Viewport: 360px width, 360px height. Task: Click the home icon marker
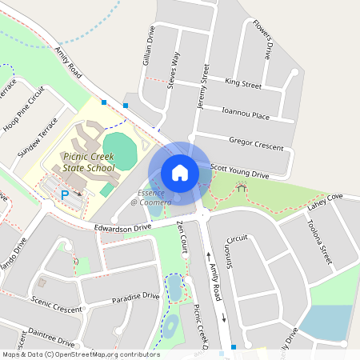coord(179,172)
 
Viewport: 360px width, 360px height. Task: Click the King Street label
coord(243,83)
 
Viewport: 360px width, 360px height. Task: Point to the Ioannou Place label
coord(246,115)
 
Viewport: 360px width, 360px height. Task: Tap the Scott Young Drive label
coord(239,172)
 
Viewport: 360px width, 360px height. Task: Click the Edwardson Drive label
coord(122,228)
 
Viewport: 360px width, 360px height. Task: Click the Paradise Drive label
coord(135,298)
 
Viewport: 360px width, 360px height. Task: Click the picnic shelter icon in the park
coord(241,189)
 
